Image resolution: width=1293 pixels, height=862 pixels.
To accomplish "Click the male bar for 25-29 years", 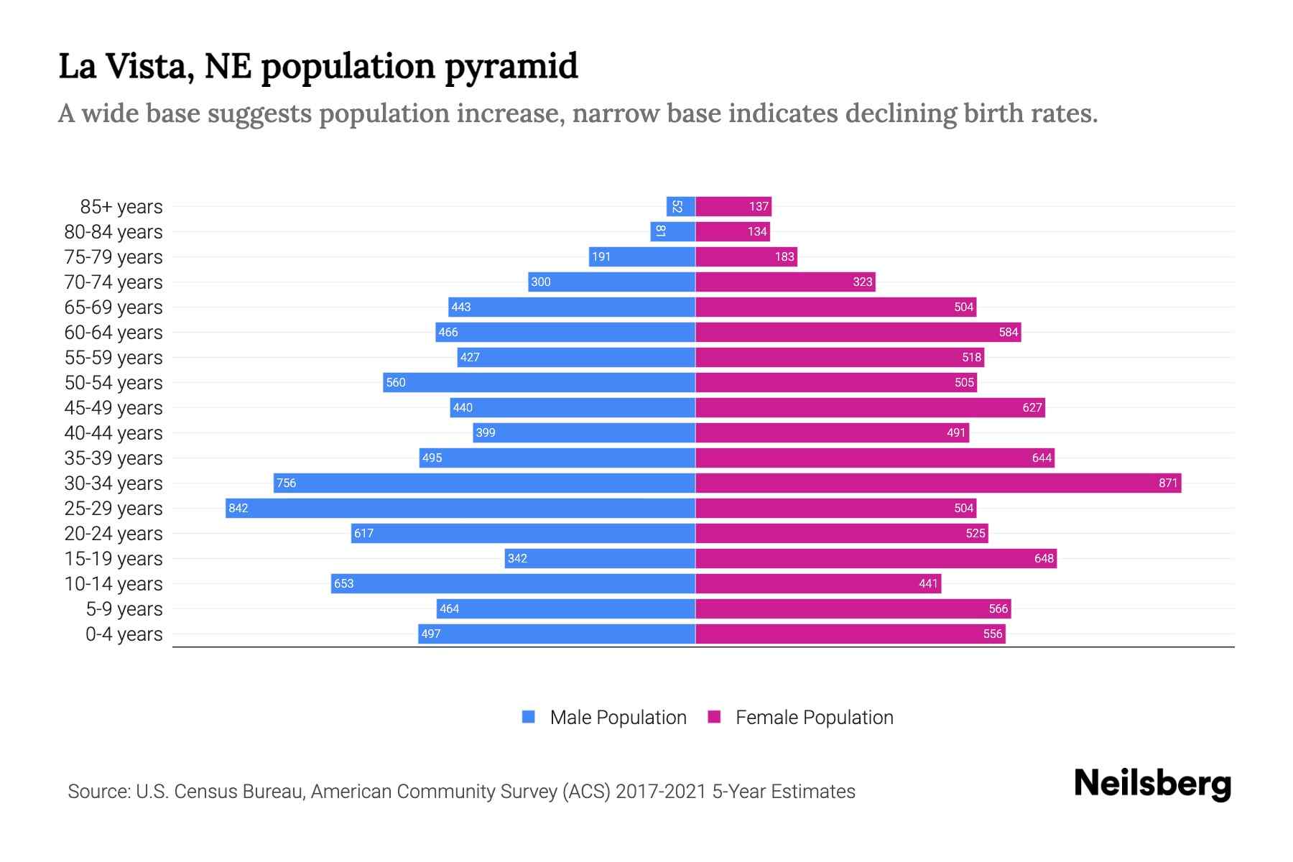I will pos(460,508).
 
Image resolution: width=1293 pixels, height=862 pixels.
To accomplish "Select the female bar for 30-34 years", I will pos(937,483).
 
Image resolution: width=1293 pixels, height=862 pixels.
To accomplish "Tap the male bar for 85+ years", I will pos(680,206).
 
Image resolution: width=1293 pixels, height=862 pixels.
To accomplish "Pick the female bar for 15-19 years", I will pos(876,558).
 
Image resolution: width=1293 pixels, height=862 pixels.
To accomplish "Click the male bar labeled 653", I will pos(513,583).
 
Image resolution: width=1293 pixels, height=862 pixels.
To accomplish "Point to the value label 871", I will pos(1168,483).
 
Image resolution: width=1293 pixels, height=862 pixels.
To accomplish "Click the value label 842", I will pos(238,508).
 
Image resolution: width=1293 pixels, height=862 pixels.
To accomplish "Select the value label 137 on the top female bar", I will pos(759,206).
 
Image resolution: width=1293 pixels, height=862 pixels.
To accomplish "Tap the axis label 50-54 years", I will pos(113,382).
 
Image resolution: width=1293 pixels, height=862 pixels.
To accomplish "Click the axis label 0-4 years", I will pos(124,634).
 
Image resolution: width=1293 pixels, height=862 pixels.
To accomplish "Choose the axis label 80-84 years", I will pos(113,231).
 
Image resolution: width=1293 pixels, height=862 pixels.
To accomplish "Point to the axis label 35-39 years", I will pos(113,458).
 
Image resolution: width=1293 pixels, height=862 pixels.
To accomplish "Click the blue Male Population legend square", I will pos(529,717).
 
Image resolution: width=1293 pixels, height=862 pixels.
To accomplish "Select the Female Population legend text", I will pos(814,717).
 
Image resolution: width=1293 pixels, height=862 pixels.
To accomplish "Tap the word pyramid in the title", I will pos(511,67).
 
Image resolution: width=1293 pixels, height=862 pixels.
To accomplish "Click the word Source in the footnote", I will pos(98,791).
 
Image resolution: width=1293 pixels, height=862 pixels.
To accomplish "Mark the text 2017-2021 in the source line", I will pos(661,791).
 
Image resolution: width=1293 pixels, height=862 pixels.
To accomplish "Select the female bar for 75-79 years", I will pos(746,256).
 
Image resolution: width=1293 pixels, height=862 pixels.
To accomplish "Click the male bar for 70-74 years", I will pos(611,282).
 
